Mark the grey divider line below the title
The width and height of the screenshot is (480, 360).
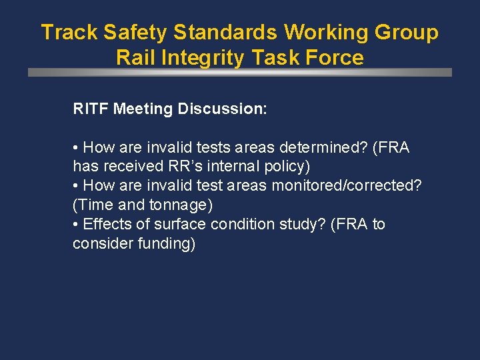240,73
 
